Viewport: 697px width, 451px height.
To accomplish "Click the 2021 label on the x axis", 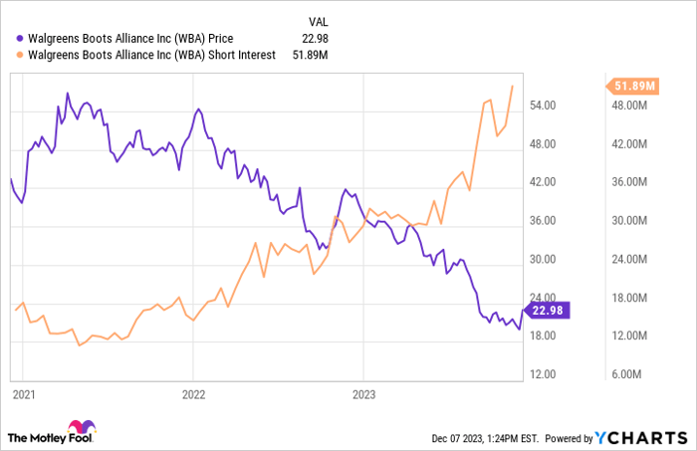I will (24, 395).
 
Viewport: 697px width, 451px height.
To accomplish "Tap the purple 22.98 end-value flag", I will (548, 310).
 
